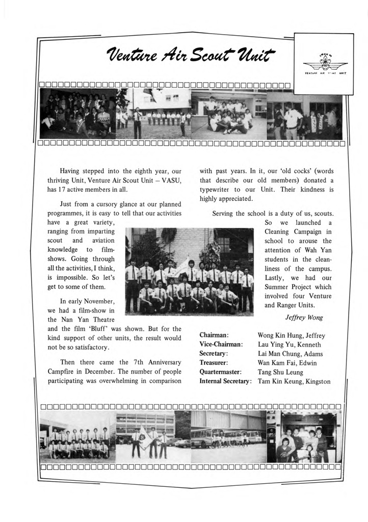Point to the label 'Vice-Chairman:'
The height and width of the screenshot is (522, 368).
221,345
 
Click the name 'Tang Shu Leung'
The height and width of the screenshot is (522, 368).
280,372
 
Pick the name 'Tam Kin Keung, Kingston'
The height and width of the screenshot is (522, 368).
294,381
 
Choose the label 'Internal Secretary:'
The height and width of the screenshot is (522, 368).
225,381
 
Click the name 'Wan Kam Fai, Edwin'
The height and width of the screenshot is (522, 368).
287,363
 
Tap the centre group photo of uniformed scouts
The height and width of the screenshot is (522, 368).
189,271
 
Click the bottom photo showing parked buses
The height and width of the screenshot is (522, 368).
228,436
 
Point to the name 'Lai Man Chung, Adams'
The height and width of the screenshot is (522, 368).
290,354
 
